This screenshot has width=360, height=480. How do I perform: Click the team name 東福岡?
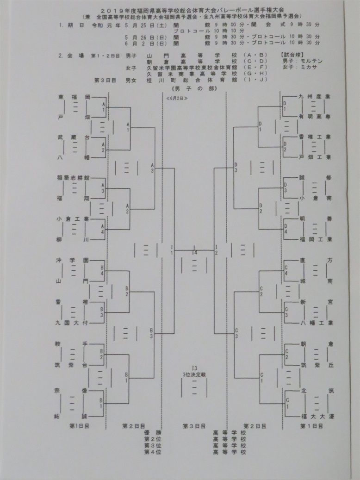pyautogui.click(x=74, y=97)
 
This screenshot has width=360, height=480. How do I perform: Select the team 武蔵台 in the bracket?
pyautogui.click(x=74, y=137)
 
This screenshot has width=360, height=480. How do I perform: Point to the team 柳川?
pyautogui.click(x=74, y=239)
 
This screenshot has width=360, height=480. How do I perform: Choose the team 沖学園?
pyautogui.click(x=74, y=260)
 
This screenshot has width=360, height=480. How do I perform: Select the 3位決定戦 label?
pyautogui.click(x=194, y=373)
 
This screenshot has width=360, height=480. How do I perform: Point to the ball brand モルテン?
pyautogui.click(x=310, y=61)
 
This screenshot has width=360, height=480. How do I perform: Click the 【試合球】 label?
pyautogui.click(x=294, y=55)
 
